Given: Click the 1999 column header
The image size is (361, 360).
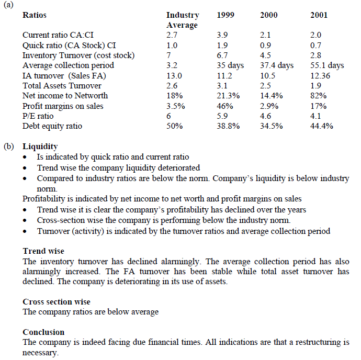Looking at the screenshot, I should [225, 15].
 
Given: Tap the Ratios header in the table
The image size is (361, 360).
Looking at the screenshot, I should [35, 15].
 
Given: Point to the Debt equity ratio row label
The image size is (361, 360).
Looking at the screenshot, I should [52, 126].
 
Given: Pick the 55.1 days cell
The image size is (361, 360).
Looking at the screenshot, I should [327, 65].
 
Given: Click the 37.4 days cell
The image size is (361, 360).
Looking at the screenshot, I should [277, 65].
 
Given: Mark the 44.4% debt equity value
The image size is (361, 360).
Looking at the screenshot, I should [321, 126].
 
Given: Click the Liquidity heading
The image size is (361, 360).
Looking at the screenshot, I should [40, 147].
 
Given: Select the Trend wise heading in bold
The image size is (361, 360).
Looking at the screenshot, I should [43, 251].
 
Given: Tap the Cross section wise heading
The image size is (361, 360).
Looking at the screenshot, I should [57, 301].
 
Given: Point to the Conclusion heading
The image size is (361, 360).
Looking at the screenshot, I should [43, 332].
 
